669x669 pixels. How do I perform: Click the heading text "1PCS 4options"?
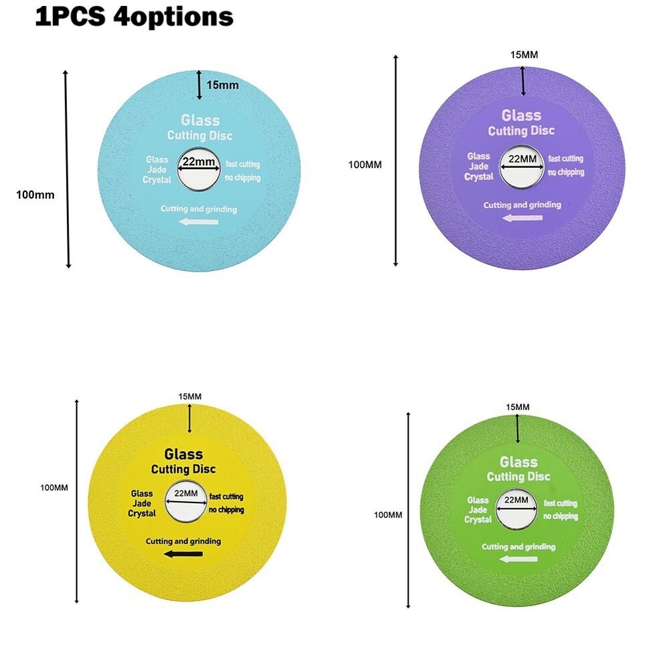pos(134,17)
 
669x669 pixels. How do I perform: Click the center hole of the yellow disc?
pos(185,500)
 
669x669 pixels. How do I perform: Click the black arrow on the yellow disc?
pos(183,553)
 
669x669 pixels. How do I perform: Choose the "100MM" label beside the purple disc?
pos(365,165)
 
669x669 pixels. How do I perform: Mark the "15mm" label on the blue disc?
pos(223,85)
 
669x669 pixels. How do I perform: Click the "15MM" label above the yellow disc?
pos(190,397)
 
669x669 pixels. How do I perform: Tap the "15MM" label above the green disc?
pos(518,407)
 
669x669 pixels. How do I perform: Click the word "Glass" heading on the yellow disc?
pos(183,454)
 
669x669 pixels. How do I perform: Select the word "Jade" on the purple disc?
pos(478,167)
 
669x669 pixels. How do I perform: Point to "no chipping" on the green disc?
pos(561,516)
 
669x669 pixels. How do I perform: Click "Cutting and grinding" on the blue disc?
pos(199,209)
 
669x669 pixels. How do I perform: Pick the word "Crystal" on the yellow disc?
pos(142,513)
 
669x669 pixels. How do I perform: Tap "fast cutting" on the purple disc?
pos(565,159)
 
